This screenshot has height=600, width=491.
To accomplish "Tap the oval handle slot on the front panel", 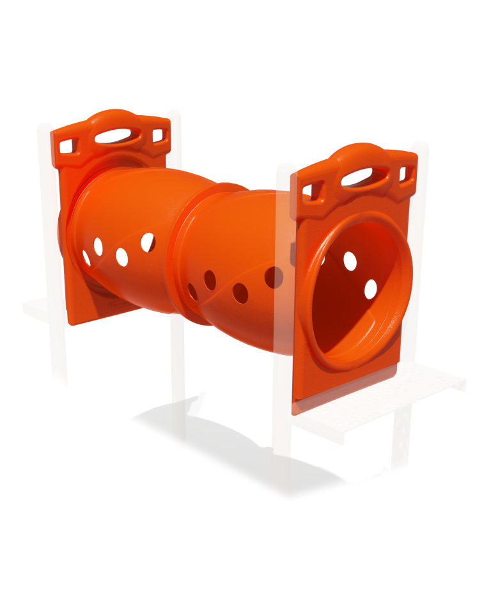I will point(364,177).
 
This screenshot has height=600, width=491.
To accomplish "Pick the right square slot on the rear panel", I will point(158,136).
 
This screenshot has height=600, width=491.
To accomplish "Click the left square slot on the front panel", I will point(312,191).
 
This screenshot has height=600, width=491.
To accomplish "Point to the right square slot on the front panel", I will point(404,173).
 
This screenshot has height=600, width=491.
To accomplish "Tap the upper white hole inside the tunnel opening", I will point(350,260).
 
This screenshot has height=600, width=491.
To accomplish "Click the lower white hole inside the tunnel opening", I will point(371,289).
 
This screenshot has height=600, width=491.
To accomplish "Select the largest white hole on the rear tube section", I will point(148,242).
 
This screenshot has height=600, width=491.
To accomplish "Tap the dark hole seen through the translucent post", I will point(274,277).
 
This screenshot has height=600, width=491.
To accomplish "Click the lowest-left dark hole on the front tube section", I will point(192,292).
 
